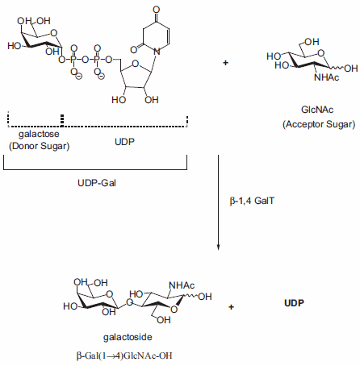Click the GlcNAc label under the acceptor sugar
click(312, 112)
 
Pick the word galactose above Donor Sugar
click(36, 135)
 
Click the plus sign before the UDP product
click(232, 307)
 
